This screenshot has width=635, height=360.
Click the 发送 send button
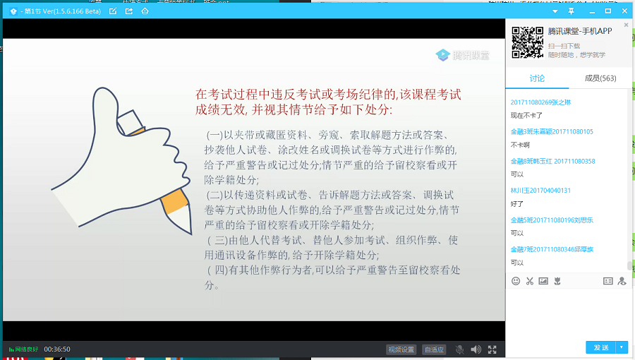point(600,347)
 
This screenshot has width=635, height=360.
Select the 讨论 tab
point(537,78)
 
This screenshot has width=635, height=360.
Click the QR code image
point(526,42)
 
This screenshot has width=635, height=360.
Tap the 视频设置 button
point(401,349)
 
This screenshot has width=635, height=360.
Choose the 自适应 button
point(433,349)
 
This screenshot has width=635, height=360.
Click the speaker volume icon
point(476,349)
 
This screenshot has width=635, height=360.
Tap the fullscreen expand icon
point(492,349)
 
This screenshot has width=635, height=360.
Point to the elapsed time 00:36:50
point(57,349)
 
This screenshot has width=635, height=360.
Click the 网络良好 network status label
point(24,349)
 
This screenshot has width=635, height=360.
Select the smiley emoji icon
point(516,281)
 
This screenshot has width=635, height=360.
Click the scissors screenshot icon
point(529,281)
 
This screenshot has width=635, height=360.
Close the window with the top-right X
point(624,11)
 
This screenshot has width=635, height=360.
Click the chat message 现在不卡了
point(526,115)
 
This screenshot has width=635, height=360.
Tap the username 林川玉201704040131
point(540,191)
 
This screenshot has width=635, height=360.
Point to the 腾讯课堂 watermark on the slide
point(463,55)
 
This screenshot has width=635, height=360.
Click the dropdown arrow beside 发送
point(622,347)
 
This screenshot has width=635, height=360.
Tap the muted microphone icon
point(459,349)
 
